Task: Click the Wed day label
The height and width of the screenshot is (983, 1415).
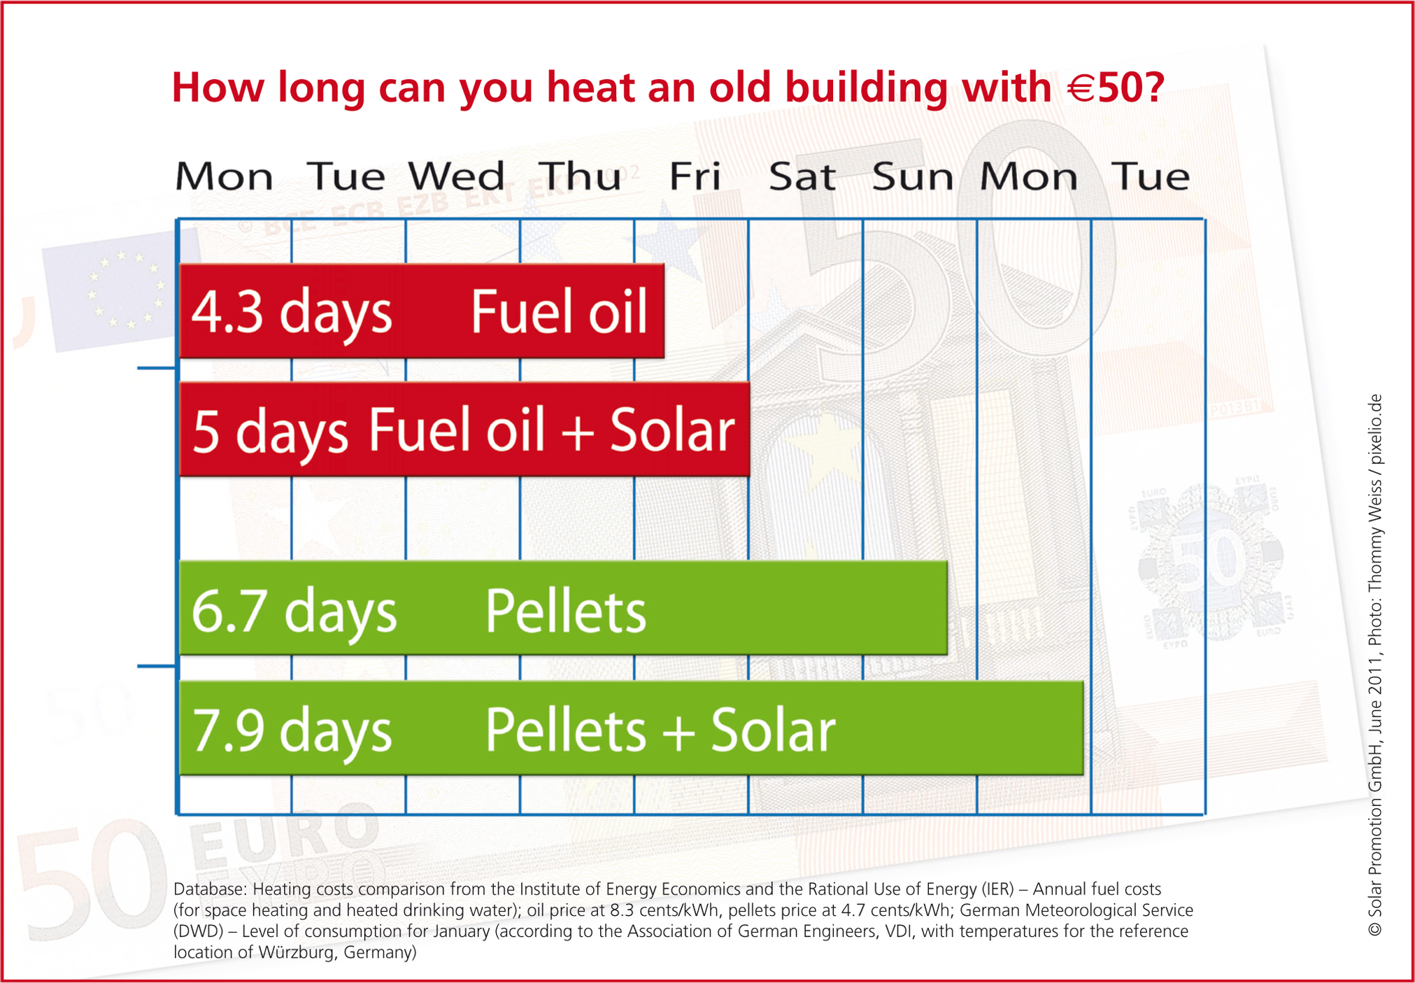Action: [457, 176]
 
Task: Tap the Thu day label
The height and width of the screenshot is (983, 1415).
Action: [580, 176]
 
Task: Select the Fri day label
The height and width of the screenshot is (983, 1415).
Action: [695, 176]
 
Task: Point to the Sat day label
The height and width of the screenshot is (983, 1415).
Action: [802, 176]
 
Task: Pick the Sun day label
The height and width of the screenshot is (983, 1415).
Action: [913, 176]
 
